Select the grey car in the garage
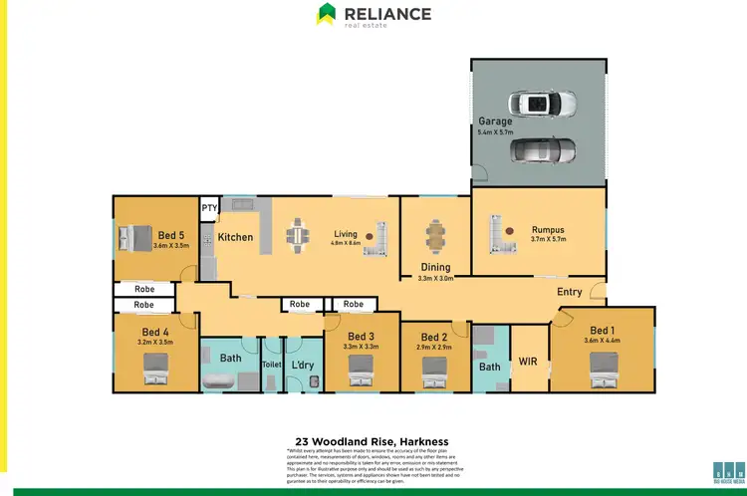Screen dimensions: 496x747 (x=542, y=150)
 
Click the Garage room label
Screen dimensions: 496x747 (x=495, y=122)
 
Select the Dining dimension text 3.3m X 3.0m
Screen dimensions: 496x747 (x=435, y=279)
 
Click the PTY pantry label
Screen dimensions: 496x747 (x=209, y=208)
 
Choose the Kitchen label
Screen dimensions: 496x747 (x=235, y=237)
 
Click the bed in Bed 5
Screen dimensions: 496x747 (x=134, y=238)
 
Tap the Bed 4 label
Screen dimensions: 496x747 (x=155, y=332)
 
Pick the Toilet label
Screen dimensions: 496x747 (x=272, y=365)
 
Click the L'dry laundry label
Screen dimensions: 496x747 (x=302, y=365)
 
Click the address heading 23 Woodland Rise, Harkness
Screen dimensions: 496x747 (x=373, y=439)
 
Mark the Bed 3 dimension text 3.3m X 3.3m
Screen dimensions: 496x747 (x=360, y=348)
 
